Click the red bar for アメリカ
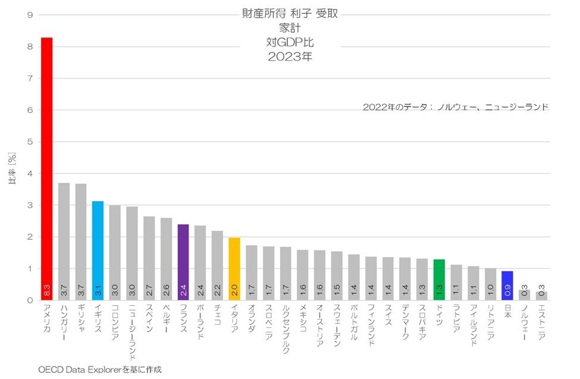click(46, 167)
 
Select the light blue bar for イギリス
click(98, 250)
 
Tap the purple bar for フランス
click(183, 262)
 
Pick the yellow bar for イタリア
click(234, 268)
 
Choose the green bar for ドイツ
click(439, 280)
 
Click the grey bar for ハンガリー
click(64, 238)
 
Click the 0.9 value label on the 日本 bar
click(507, 292)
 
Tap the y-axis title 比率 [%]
click(12, 170)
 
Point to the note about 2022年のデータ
click(455, 107)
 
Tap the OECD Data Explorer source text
click(99, 369)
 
